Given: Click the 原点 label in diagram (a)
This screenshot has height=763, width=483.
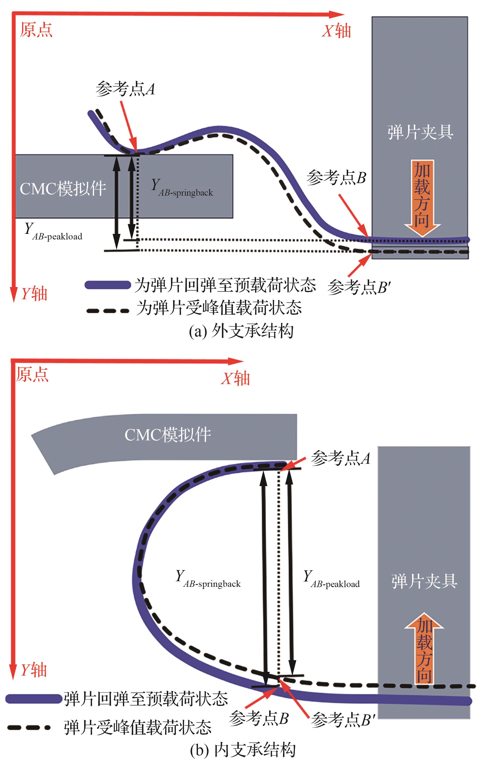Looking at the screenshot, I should [x=36, y=30].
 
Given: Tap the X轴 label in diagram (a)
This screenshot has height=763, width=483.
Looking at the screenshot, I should [x=336, y=31].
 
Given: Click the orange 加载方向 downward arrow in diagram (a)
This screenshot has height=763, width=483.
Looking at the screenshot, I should [x=422, y=198].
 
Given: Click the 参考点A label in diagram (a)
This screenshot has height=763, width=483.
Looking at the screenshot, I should [x=125, y=89].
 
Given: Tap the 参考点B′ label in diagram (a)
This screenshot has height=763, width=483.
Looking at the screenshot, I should [x=359, y=287].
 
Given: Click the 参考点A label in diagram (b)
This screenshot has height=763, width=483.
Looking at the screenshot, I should [x=340, y=458].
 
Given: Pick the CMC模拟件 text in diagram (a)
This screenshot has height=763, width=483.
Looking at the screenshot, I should [x=63, y=188].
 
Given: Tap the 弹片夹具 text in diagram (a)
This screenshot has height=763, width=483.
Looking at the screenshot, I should [x=420, y=132].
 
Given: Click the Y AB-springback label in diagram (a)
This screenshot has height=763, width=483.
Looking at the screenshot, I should [x=182, y=188].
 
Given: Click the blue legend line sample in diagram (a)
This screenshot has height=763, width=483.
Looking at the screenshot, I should [x=108, y=285].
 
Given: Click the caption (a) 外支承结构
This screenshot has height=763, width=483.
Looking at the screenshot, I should [x=241, y=331].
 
